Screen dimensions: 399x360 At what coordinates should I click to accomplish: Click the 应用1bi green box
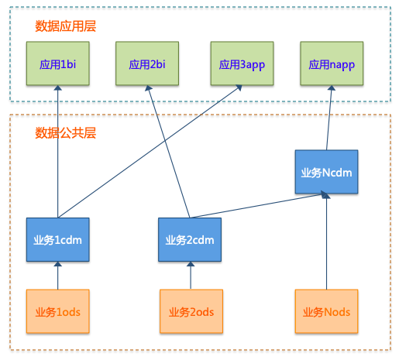click(x=58, y=63)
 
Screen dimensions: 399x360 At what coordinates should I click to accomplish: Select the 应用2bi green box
click(x=147, y=63)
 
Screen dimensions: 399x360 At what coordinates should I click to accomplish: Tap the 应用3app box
click(x=242, y=63)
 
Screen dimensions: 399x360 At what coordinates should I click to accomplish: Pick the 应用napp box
click(x=332, y=63)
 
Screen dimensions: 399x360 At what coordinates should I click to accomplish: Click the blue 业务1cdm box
click(x=58, y=240)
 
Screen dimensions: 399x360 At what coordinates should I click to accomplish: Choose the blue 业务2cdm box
click(x=190, y=240)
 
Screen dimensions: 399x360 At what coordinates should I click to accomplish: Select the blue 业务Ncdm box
click(x=327, y=172)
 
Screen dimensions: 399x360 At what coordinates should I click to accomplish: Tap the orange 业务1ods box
click(x=58, y=311)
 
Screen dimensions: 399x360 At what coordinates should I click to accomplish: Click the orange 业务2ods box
click(x=191, y=311)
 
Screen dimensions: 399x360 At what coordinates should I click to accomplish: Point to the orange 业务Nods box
click(x=327, y=311)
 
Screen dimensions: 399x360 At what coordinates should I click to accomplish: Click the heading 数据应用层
click(x=66, y=26)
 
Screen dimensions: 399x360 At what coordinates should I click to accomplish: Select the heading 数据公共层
click(x=66, y=133)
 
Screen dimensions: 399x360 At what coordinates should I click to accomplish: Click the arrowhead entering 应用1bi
click(x=58, y=87)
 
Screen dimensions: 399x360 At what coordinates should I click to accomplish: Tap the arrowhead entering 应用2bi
click(x=148, y=88)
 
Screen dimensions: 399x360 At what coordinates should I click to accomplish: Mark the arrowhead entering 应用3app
click(x=239, y=87)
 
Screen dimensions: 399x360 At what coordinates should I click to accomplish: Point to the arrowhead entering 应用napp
click(x=332, y=88)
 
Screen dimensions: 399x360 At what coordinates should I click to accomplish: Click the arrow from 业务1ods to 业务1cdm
click(x=58, y=276)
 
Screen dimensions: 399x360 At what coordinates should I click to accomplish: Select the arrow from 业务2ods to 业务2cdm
click(x=191, y=276)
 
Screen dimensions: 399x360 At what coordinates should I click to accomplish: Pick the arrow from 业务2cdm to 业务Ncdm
click(x=259, y=206)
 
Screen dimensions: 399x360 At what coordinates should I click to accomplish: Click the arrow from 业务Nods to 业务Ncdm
click(x=327, y=242)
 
